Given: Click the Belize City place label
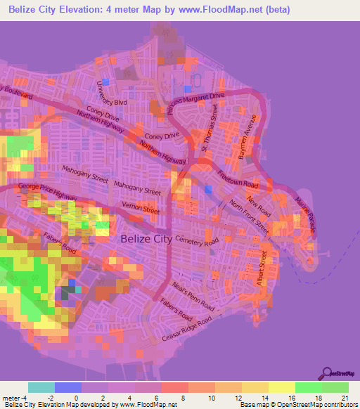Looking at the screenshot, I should tap(146, 239).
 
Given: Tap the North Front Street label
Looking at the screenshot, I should tap(249, 214).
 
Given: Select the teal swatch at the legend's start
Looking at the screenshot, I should tap(41, 387).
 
